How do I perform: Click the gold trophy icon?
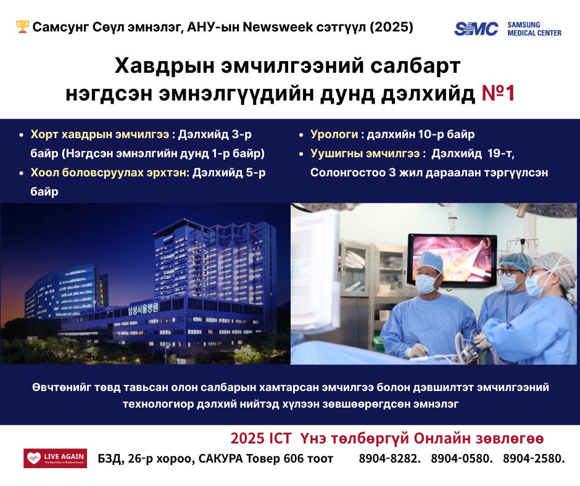(22, 27)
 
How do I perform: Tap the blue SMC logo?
(476, 29)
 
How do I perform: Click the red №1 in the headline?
(498, 93)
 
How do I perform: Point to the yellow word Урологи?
(334, 134)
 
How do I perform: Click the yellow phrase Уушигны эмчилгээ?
(365, 153)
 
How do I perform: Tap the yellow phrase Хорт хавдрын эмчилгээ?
(99, 134)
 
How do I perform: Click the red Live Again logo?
(55, 458)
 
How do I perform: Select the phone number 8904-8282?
(389, 459)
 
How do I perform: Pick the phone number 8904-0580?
(462, 459)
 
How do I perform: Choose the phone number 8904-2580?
(533, 459)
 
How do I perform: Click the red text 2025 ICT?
(261, 439)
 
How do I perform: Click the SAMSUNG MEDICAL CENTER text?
(534, 29)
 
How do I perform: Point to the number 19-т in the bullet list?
(500, 153)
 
